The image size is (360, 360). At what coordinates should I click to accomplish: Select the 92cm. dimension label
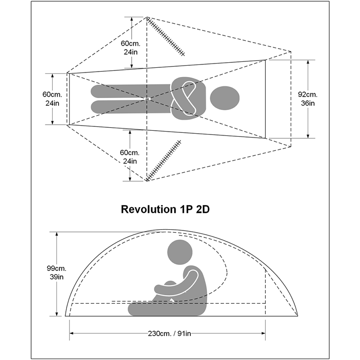coord(308,94)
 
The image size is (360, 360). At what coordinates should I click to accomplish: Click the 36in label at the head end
coord(308,103)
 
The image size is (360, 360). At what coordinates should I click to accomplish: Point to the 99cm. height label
coord(56,268)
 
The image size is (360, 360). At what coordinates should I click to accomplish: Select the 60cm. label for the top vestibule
coord(130,44)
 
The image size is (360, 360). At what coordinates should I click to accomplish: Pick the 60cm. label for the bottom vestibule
coord(130,153)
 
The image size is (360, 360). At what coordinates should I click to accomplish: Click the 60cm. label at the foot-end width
coord(52,94)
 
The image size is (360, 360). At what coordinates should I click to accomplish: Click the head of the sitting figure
coord(180,252)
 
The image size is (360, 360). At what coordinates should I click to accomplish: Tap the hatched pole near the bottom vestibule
coord(164,160)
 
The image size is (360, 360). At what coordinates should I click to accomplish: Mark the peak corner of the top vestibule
coord(147,17)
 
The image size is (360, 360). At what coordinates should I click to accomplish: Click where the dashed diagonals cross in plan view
coord(147,99)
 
